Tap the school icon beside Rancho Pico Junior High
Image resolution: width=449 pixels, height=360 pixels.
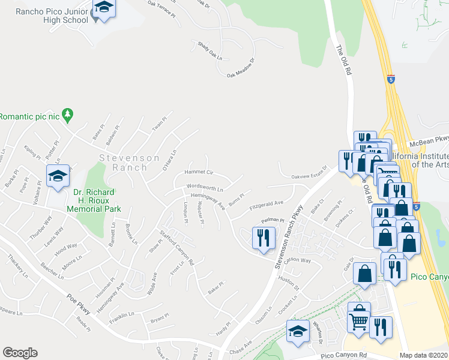(104, 8)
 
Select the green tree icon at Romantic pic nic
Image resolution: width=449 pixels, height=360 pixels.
(68, 113)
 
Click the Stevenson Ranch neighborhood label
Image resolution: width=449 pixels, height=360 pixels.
(130, 163)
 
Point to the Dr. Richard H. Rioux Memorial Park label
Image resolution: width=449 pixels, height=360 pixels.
(97, 201)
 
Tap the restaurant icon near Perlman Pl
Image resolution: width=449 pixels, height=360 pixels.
(264, 238)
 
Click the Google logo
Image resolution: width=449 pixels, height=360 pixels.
(20, 353)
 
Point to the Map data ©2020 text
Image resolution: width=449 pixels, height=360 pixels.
(423, 355)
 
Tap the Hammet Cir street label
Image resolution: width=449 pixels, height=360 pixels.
(202, 172)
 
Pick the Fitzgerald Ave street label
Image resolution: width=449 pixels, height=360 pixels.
(262, 205)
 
